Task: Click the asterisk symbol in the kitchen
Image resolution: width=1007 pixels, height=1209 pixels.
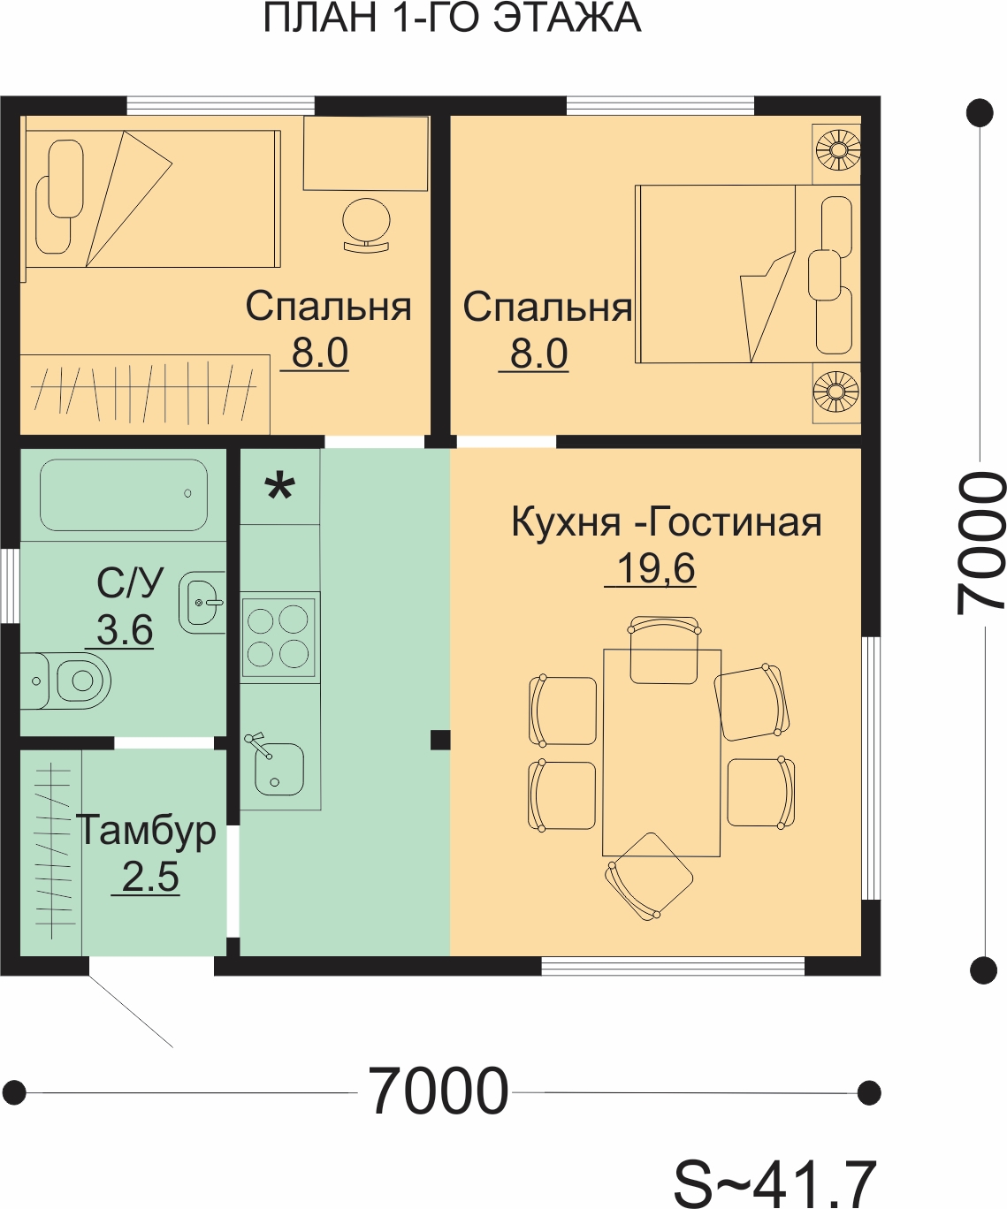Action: tap(279, 488)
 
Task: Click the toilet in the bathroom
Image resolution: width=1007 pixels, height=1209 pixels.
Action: tap(65, 681)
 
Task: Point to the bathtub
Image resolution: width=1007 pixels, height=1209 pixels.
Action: tap(124, 496)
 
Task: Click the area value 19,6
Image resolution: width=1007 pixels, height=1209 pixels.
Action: tap(655, 568)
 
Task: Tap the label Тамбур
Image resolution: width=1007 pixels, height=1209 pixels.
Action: tap(146, 832)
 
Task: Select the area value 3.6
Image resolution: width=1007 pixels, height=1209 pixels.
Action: tap(125, 629)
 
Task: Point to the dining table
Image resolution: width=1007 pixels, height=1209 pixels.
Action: tap(661, 753)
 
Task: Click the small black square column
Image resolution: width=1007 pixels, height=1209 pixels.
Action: tap(440, 740)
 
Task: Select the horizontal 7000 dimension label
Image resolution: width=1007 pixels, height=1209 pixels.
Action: tap(438, 1091)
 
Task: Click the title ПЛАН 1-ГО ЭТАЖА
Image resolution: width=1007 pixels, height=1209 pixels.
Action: tap(452, 18)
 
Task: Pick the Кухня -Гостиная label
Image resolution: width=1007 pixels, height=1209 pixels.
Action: tap(667, 521)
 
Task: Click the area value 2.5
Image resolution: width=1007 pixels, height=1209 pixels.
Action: tap(150, 877)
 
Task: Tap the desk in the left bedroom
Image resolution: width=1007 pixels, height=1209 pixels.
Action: tap(366, 154)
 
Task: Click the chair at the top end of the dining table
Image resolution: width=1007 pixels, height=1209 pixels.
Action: tap(664, 650)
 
